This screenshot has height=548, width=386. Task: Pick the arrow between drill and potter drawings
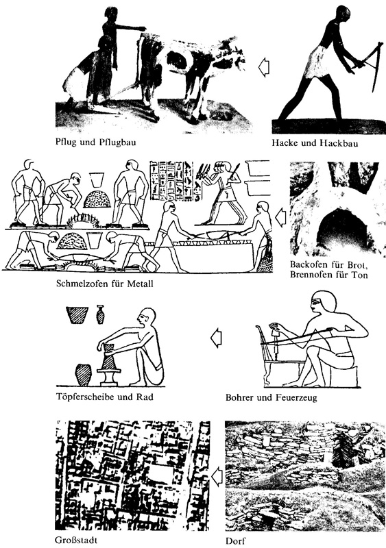point(215,337)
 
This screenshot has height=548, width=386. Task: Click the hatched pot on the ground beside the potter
point(82,375)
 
